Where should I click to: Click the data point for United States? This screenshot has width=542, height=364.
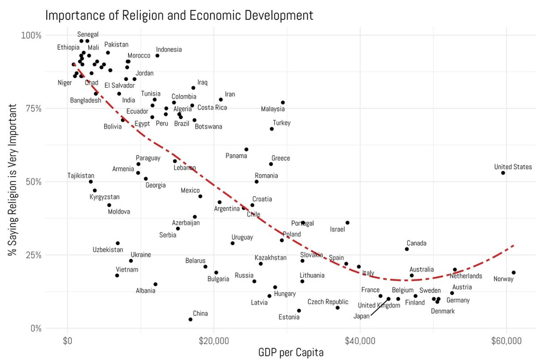(503, 173)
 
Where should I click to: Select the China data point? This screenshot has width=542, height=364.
(190, 319)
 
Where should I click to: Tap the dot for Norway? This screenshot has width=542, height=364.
(514, 273)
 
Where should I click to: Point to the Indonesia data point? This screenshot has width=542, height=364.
(157, 56)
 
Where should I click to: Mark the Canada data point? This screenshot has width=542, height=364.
(407, 249)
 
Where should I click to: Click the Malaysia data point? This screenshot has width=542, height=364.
(283, 103)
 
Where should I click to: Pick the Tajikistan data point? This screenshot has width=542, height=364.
(91, 182)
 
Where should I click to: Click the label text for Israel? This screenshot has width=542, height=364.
(337, 229)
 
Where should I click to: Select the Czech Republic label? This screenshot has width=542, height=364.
(328, 302)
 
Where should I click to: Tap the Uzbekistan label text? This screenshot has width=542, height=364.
(108, 250)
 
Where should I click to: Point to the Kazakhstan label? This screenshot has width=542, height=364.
(270, 258)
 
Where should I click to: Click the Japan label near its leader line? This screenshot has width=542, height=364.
(361, 316)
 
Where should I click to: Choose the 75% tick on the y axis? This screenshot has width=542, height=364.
(33, 108)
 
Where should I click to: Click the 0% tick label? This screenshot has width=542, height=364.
(36, 328)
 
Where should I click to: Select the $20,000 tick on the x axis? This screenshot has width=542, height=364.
(214, 341)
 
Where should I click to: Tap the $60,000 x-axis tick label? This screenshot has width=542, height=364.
(506, 341)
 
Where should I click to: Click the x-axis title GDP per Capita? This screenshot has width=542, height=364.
(291, 352)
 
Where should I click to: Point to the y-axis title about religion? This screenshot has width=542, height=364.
(12, 180)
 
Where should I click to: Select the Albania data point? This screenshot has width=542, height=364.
(155, 284)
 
